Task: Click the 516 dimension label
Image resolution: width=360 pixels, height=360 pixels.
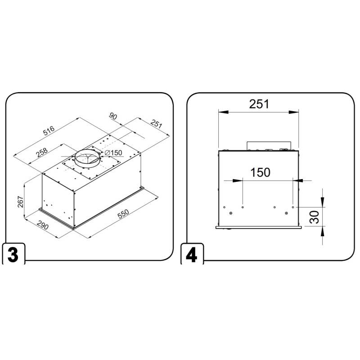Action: tap(49, 130)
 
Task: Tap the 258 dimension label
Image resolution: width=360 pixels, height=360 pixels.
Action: tap(42, 152)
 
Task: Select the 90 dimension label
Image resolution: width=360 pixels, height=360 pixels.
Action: tap(113, 116)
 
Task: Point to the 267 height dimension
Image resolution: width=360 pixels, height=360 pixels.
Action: tap(21, 202)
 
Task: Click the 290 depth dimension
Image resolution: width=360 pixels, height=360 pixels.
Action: tap(42, 225)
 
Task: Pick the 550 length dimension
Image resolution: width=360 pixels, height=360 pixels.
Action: tap(123, 214)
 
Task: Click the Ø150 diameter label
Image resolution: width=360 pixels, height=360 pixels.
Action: tap(113, 153)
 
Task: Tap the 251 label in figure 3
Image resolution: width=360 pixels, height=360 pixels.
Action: tap(156, 124)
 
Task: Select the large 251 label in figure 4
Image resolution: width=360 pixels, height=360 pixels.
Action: tap(259, 104)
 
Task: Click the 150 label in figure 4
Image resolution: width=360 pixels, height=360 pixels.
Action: tap(260, 172)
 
